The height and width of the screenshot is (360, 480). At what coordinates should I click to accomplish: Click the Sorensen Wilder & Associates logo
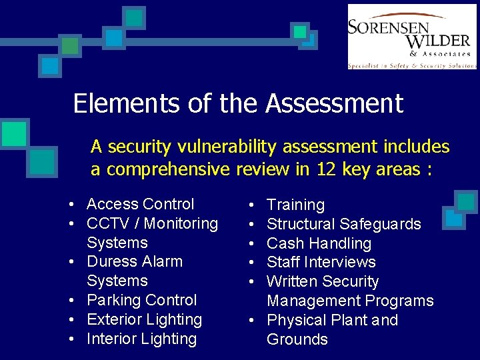point(411,37)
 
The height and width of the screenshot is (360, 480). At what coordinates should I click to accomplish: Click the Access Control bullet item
point(140,204)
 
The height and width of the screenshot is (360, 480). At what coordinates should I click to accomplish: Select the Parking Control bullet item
point(141,300)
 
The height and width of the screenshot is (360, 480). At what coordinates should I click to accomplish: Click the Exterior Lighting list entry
point(144,319)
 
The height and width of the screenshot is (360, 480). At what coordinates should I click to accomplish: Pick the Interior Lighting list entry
point(141,339)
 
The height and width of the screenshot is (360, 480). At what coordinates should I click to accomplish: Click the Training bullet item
point(295,205)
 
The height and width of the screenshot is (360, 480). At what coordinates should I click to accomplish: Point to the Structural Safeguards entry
point(343,224)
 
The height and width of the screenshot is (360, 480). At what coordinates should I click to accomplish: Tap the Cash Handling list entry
point(319,243)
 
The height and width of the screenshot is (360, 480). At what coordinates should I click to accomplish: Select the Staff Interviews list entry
point(321,262)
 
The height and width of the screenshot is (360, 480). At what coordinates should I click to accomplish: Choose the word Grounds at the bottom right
point(297,339)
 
